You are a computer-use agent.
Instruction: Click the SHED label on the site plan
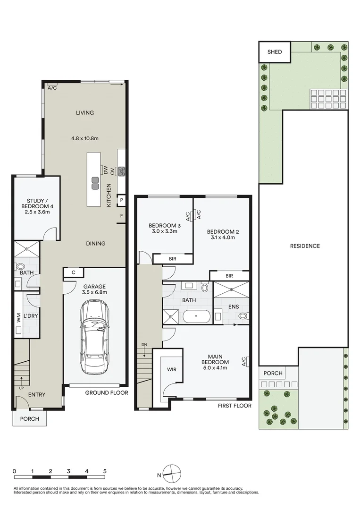[x=275, y=52]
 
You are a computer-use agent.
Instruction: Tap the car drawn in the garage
[x=95, y=337]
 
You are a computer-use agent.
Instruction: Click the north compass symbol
[x=172, y=474]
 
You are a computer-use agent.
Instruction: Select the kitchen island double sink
[x=95, y=183]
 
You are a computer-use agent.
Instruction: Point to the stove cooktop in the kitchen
[x=122, y=171]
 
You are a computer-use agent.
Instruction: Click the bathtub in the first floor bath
[x=196, y=316]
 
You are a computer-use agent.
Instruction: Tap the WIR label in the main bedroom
[x=172, y=369]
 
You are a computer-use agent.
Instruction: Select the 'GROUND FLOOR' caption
[x=107, y=392]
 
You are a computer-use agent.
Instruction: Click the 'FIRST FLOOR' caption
[x=234, y=406]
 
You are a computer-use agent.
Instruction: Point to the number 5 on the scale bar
[x=105, y=471]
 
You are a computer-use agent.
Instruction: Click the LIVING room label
[x=85, y=112]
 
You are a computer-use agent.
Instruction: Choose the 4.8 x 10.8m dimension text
[x=85, y=138]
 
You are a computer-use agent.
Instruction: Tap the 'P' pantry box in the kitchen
[x=122, y=200]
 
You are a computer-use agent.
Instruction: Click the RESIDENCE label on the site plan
[x=305, y=246]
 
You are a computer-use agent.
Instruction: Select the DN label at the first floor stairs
[x=144, y=344]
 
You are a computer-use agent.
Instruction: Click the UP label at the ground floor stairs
[x=21, y=388]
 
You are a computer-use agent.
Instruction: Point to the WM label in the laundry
[x=18, y=317]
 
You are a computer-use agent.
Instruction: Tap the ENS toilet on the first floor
[x=243, y=315]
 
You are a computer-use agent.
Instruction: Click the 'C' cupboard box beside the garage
[x=74, y=272]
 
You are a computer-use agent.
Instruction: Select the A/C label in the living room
[x=52, y=88]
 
